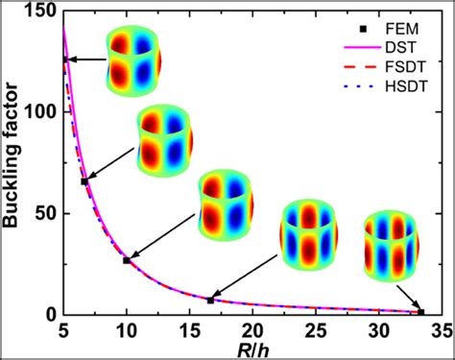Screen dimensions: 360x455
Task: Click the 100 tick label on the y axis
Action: click(x=41, y=111)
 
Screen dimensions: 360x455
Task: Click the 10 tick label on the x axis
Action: click(x=127, y=330)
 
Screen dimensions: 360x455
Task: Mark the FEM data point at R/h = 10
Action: click(x=127, y=260)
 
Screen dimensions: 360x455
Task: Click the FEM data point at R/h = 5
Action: click(x=64, y=60)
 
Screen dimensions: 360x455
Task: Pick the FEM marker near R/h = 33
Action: click(x=420, y=312)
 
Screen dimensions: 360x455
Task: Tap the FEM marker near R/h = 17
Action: click(x=210, y=300)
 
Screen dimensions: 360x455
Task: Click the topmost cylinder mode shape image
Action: click(x=132, y=60)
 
